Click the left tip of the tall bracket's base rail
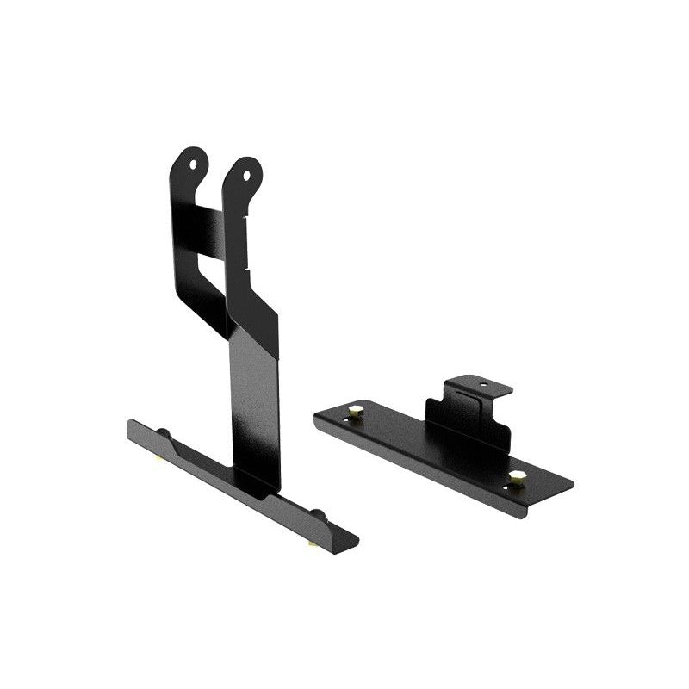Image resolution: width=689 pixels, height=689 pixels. click(131, 425)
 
